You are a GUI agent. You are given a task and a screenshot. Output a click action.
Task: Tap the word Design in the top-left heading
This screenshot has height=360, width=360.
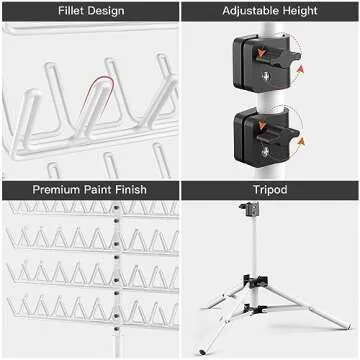point(103,11)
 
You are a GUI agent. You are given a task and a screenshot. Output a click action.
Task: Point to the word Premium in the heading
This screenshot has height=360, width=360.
point(56,190)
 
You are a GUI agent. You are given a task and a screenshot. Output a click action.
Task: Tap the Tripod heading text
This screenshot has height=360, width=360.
point(270,190)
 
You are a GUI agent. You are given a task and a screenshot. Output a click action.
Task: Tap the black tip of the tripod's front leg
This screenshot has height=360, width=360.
point(202,350)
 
